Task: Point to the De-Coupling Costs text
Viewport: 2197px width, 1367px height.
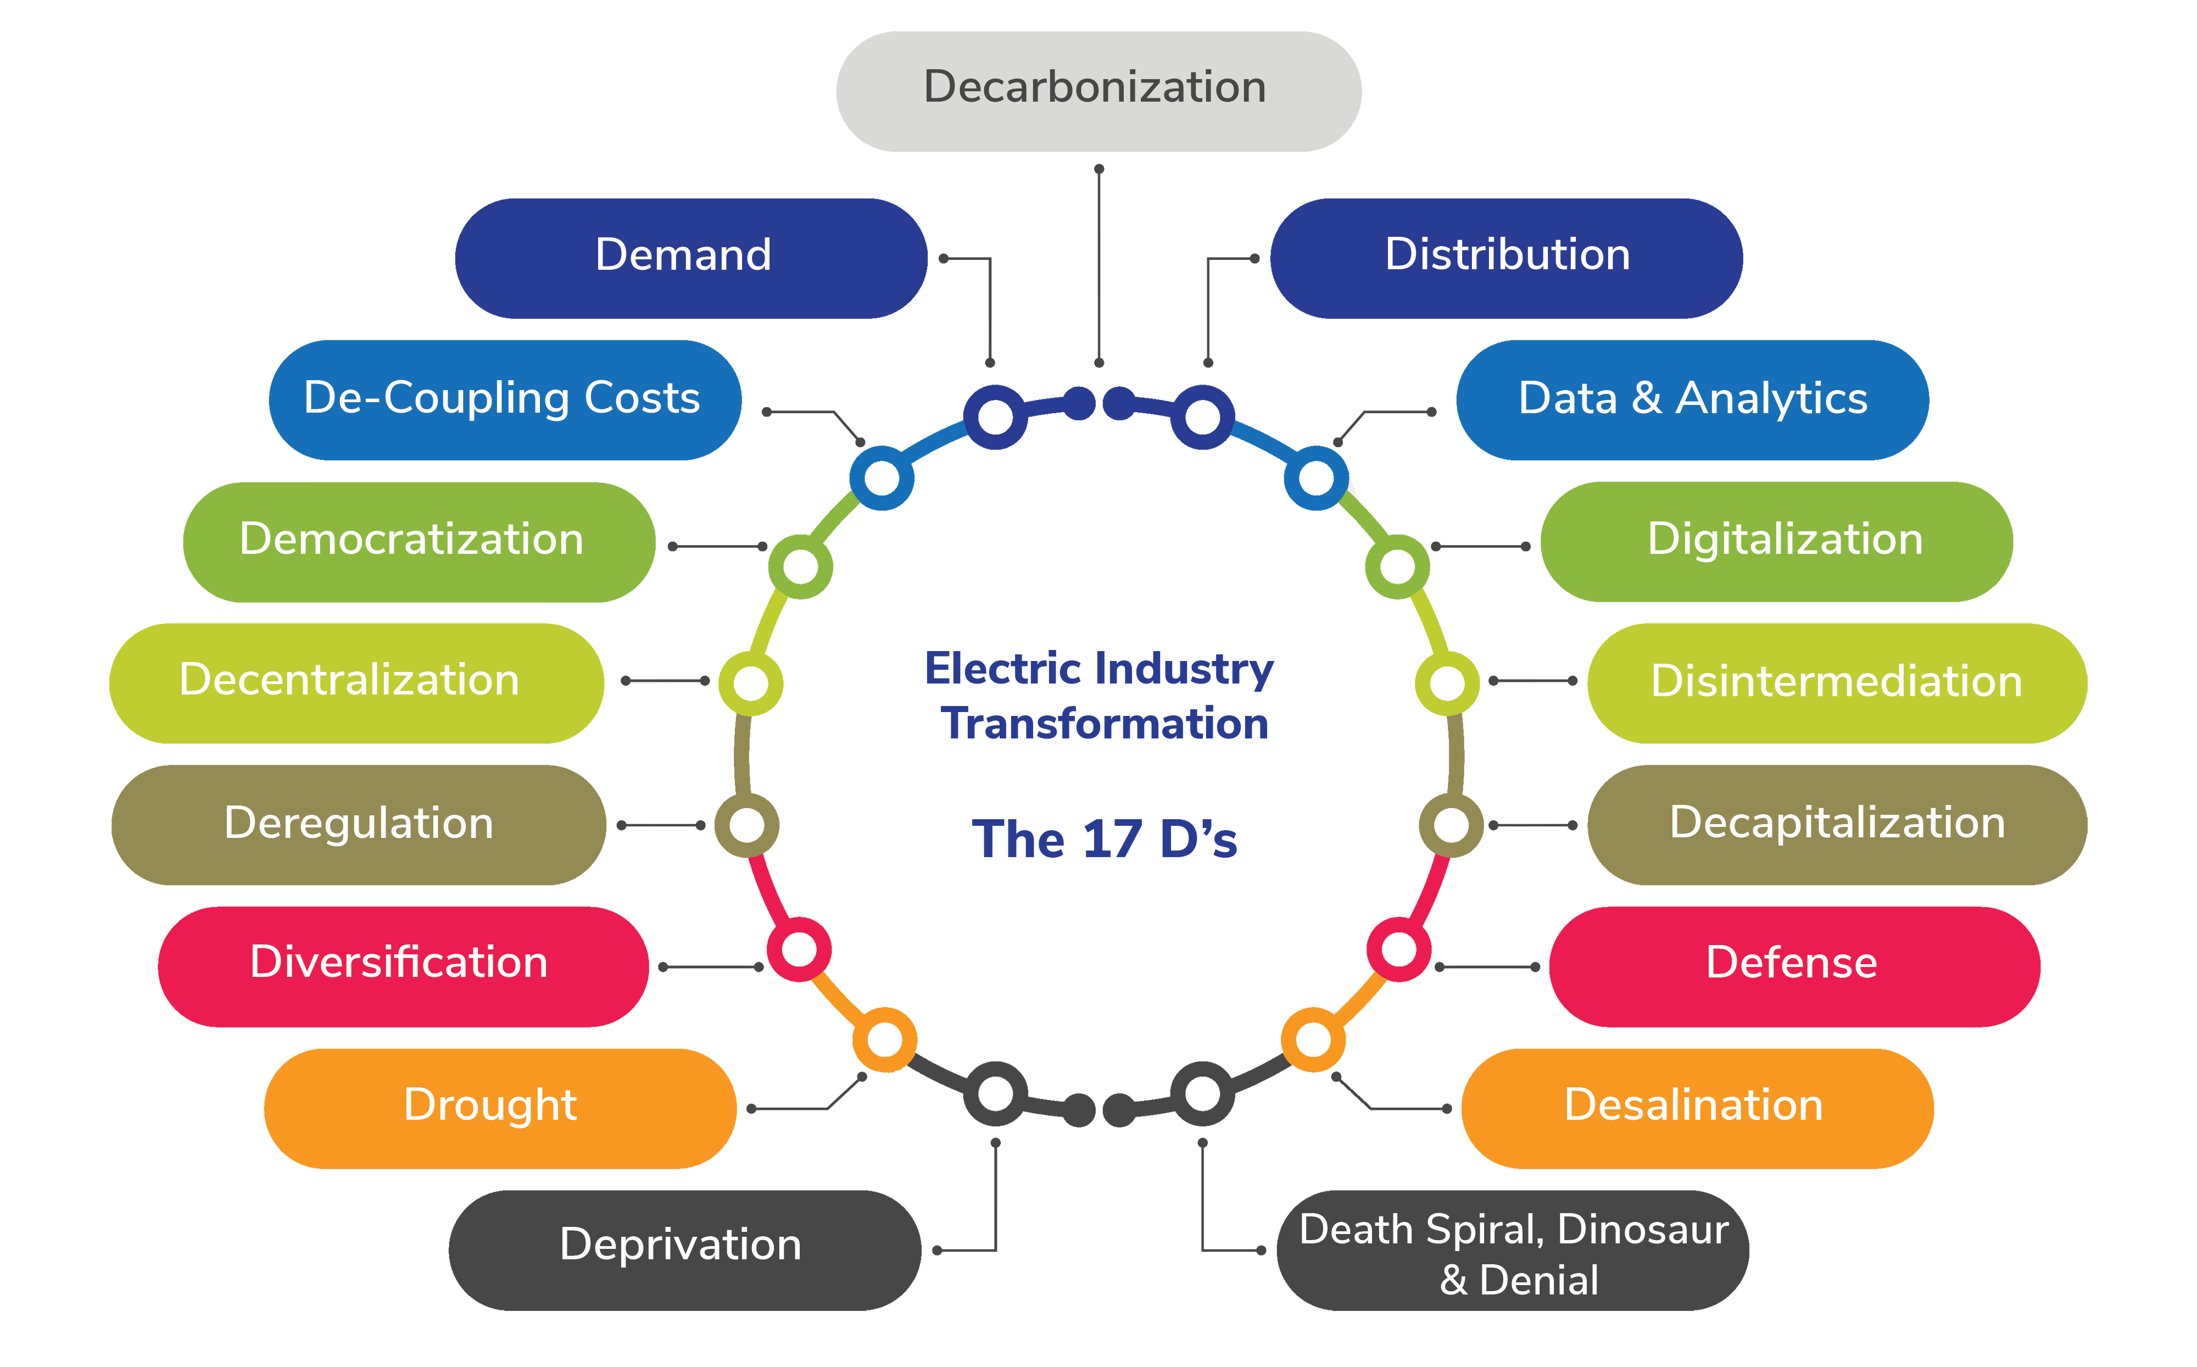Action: [501, 398]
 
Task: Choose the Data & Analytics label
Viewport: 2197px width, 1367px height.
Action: [1693, 398]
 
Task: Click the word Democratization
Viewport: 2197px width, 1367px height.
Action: [411, 539]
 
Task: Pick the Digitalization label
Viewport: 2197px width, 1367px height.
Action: [1785, 539]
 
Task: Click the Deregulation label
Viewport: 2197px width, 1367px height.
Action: [359, 823]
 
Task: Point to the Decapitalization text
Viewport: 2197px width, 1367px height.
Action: [1837, 823]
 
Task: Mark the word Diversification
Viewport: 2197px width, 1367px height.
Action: [399, 962]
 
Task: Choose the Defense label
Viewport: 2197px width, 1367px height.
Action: [1791, 962]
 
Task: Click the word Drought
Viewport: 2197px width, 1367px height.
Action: [490, 1105]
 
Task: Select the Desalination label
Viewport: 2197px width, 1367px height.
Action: [1694, 1105]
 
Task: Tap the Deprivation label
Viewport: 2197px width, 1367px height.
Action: [681, 1245]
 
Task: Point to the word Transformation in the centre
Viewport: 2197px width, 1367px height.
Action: [1105, 724]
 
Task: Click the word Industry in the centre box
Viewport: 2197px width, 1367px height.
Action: [1184, 669]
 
